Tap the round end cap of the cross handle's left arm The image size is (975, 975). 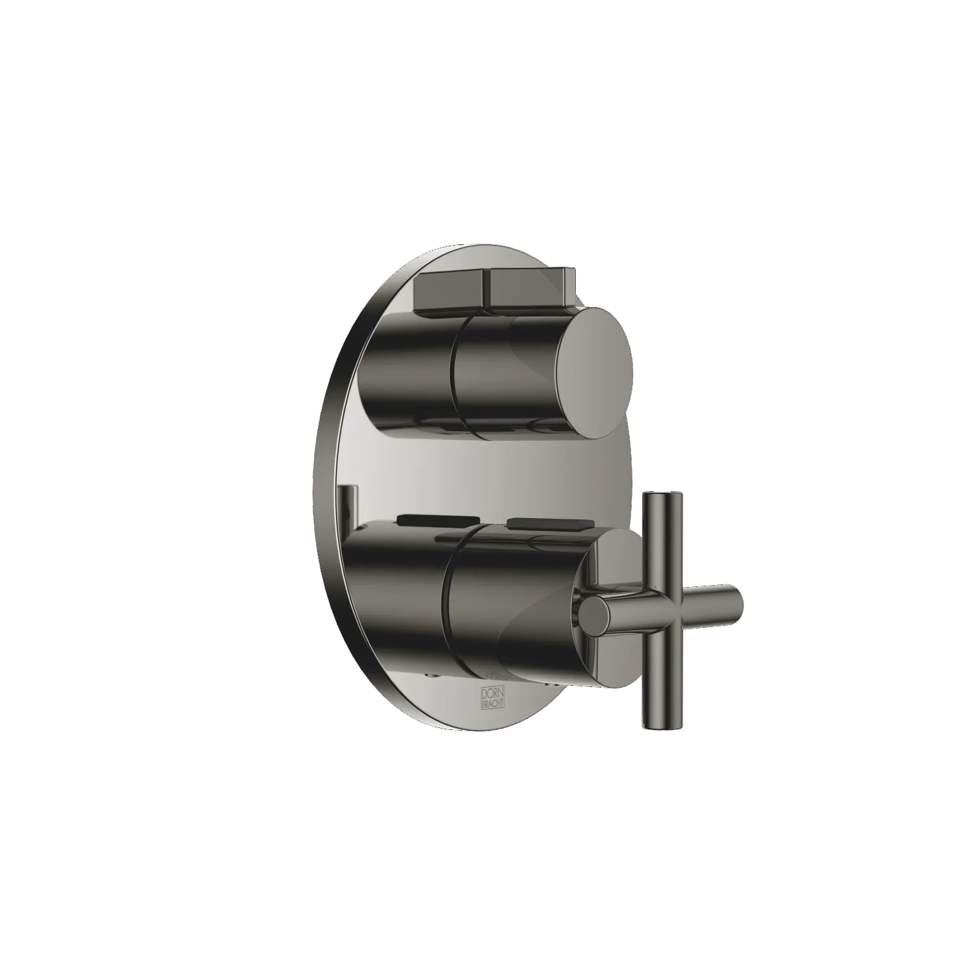point(595,616)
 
